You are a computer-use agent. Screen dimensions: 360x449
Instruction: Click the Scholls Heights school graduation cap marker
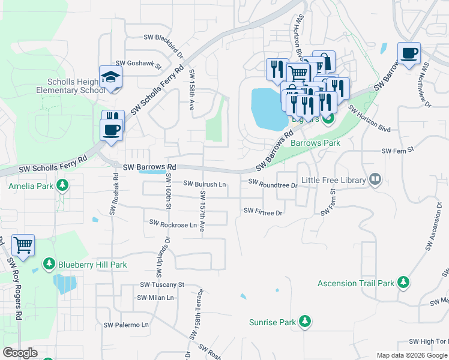pyautogui.click(x=111, y=77)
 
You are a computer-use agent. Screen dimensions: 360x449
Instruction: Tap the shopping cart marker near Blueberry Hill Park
pyautogui.click(x=23, y=245)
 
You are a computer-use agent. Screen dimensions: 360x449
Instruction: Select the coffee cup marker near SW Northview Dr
pyautogui.click(x=409, y=54)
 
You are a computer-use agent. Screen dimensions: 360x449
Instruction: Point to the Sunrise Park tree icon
pyautogui.click(x=305, y=322)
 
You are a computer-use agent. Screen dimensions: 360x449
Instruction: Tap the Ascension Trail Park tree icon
pyautogui.click(x=404, y=283)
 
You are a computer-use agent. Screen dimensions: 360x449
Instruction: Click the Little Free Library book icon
pyautogui.click(x=375, y=179)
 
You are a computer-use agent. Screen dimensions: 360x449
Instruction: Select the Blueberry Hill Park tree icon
pyautogui.click(x=49, y=264)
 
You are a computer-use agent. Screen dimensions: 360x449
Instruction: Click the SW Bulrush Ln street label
pyautogui.click(x=204, y=184)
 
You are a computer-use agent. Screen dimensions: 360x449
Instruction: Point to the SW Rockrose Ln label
pyautogui.click(x=173, y=224)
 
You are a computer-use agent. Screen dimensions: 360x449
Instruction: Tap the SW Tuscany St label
pyautogui.click(x=161, y=285)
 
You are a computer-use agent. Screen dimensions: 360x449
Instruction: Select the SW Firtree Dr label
pyautogui.click(x=263, y=211)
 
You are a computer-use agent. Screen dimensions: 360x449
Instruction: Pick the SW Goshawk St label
pyautogui.click(x=139, y=63)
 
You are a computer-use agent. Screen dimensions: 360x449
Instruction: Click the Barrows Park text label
pyautogui.click(x=315, y=143)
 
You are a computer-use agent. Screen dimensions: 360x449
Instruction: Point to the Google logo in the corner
pyautogui.click(x=20, y=353)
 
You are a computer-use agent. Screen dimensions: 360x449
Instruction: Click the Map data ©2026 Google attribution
pyautogui.click(x=411, y=356)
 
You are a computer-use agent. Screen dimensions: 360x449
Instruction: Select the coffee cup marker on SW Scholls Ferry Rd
pyautogui.click(x=112, y=129)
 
